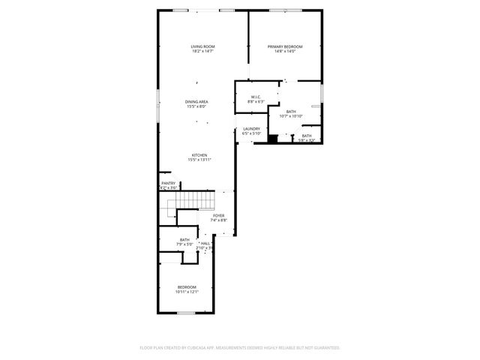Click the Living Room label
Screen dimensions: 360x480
202,46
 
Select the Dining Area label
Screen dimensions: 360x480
196,101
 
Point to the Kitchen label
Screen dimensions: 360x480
199,155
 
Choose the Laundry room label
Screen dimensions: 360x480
251,128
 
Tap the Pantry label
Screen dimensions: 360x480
169,183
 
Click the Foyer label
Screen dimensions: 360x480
218,216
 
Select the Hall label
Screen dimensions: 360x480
205,243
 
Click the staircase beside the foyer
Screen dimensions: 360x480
200,200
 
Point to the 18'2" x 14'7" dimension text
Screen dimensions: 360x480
202,52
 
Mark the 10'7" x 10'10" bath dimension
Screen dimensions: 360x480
291,116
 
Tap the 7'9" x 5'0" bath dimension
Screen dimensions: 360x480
184,244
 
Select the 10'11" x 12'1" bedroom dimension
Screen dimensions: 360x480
187,292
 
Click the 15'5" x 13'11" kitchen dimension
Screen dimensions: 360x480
199,160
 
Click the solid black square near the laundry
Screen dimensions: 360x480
273,138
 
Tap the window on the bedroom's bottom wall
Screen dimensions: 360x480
186,312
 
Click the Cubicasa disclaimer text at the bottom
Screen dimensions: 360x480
240,348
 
